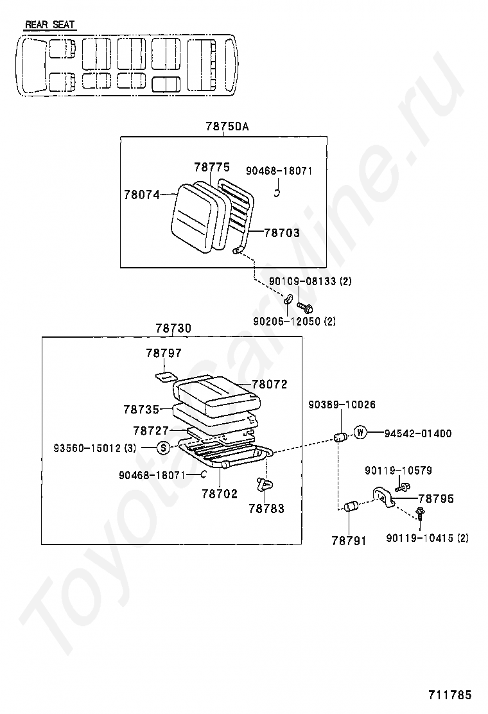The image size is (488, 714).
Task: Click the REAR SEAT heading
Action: (49, 25)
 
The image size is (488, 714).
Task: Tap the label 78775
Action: (211, 167)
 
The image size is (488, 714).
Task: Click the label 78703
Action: (281, 233)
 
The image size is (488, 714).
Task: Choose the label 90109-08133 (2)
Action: (310, 281)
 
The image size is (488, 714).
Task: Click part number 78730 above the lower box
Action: (173, 328)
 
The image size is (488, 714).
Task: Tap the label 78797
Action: (163, 353)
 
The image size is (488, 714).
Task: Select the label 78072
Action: (269, 385)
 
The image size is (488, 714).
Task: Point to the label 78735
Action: (141, 408)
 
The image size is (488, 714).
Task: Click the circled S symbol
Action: (163, 448)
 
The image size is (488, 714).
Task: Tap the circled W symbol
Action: (360, 433)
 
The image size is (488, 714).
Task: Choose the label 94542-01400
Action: (418, 434)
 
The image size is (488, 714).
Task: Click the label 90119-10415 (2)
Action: (427, 537)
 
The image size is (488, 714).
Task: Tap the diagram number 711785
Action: (450, 695)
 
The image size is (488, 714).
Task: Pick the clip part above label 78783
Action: (264, 483)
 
